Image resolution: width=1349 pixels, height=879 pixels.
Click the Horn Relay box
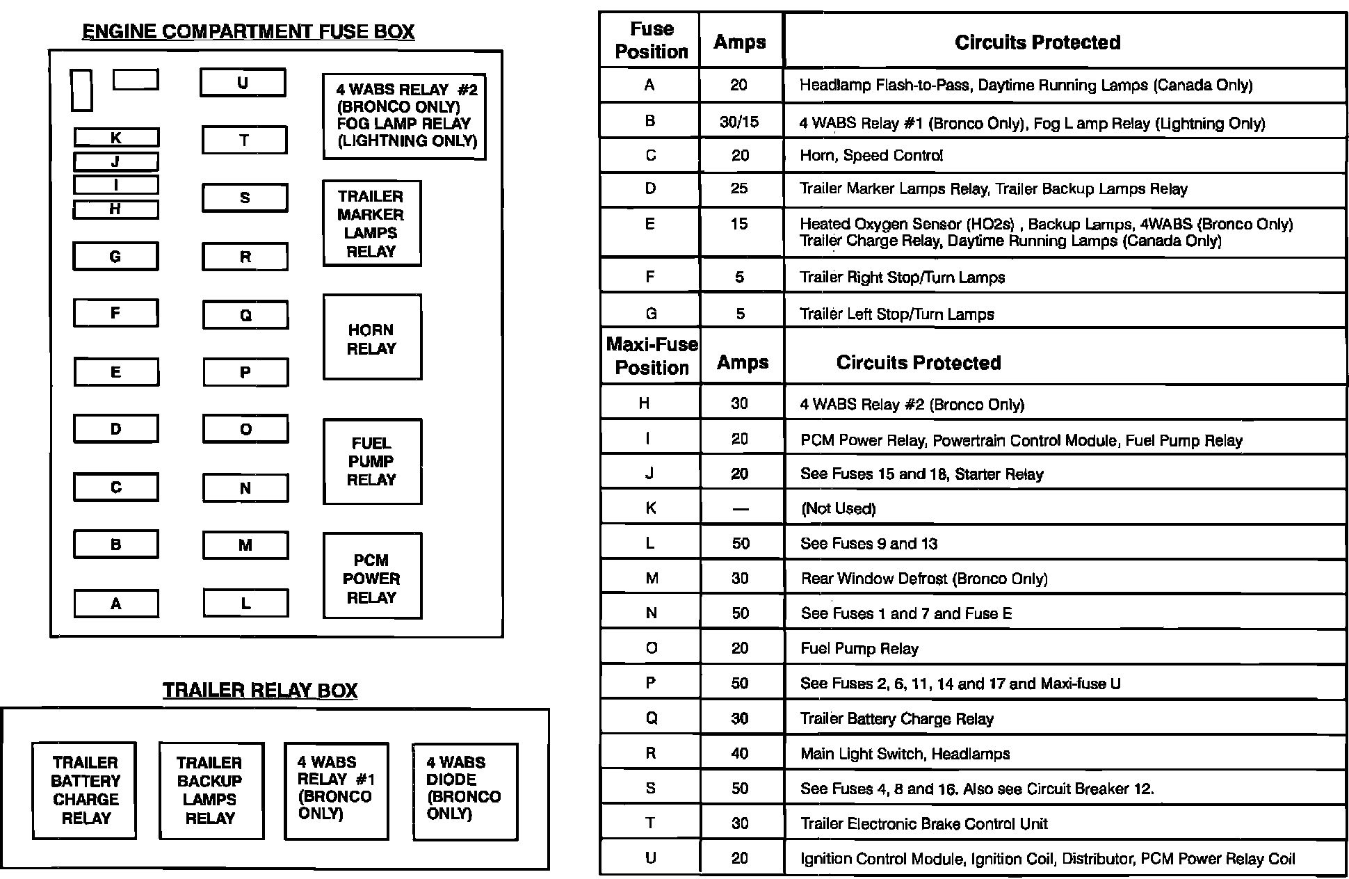point(372,338)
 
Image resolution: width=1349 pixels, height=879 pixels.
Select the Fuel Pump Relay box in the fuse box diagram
point(372,461)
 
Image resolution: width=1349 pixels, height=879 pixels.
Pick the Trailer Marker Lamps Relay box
point(372,223)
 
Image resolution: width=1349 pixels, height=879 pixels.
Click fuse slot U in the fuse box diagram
point(243,83)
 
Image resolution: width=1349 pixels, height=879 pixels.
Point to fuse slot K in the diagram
point(116,138)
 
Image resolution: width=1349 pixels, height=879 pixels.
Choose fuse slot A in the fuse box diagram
point(116,604)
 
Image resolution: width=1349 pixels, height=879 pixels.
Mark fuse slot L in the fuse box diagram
point(245,603)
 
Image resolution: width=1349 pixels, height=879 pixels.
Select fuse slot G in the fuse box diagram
point(115,257)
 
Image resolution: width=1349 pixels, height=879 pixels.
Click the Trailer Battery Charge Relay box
point(85,790)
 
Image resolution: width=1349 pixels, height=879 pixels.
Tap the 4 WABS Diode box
point(465,790)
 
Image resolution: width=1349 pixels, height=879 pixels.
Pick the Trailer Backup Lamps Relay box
point(211,790)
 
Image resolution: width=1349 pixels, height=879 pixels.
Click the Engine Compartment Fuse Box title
point(248,32)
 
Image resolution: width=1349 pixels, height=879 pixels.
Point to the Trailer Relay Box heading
point(260,690)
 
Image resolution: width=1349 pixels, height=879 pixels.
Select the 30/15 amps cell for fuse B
point(740,122)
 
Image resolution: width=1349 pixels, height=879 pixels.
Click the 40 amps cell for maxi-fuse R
point(740,753)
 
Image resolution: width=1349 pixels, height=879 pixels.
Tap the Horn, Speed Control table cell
point(871,156)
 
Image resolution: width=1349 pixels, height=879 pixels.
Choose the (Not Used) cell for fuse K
point(838,508)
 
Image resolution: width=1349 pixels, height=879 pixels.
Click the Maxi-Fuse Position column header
point(652,355)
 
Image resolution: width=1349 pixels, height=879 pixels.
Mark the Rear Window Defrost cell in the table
point(923,579)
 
